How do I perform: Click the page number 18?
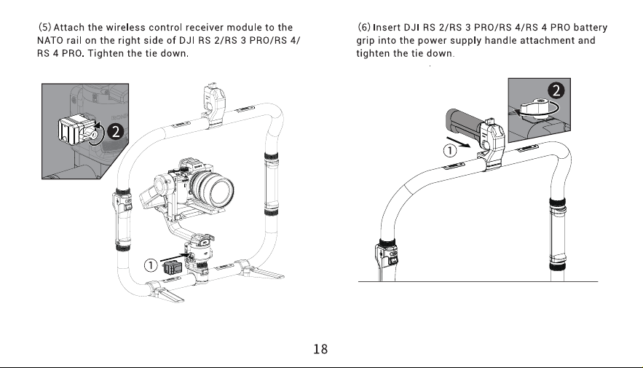coord(320,349)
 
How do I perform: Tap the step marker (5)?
coord(44,28)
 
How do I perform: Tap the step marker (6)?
coord(364,28)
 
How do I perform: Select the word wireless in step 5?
coord(125,28)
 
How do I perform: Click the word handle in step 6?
coord(501,41)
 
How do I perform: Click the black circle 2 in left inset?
coord(116,131)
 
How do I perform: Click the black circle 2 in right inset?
coord(556,90)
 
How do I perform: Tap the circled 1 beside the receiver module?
coord(151,265)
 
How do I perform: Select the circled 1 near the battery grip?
coord(450,151)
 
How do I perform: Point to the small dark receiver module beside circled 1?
coord(173,267)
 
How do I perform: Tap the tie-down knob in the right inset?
coord(534,108)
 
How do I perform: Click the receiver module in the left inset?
coord(73,128)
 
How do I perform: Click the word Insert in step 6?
coord(387,28)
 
